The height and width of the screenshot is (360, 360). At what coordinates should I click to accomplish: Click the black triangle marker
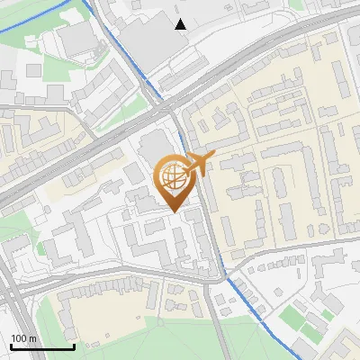181,24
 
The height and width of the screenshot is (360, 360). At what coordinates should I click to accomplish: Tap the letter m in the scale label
33,338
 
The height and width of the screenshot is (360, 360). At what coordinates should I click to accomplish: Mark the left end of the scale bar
11,346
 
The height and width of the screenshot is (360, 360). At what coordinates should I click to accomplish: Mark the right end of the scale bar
74,346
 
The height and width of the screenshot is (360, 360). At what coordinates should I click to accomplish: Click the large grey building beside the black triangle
144,40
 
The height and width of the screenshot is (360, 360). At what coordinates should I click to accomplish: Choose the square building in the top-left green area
76,40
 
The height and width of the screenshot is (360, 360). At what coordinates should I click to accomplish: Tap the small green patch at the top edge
297,4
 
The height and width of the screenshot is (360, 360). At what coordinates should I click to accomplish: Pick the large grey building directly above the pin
154,147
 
